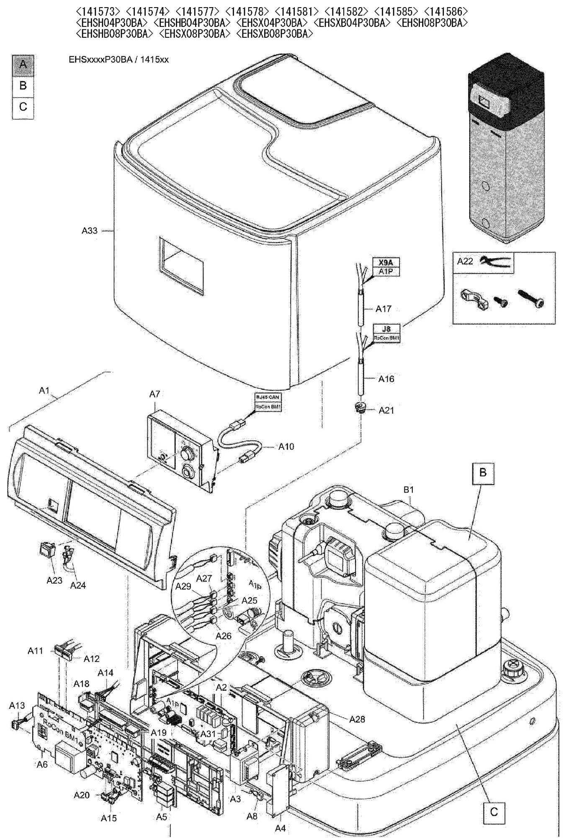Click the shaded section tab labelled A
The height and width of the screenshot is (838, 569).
tap(23, 65)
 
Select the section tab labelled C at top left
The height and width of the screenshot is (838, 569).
tap(23, 107)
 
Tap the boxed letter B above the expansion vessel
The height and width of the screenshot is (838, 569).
tap(483, 473)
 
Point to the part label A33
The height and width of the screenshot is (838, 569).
tap(90, 230)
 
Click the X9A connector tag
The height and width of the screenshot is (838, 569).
tap(386, 262)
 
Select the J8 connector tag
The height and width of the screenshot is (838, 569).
tap(386, 329)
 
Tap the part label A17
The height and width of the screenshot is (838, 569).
tap(383, 309)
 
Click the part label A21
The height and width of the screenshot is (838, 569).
tap(386, 410)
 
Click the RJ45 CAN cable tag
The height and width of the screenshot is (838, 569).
tap(268, 397)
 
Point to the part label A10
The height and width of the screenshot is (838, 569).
tap(286, 447)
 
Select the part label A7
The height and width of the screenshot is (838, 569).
tap(154, 394)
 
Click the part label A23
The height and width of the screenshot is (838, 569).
tap(54, 580)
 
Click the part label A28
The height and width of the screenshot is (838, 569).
tap(357, 719)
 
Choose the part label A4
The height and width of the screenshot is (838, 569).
tap(280, 828)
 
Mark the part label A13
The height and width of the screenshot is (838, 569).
tap(17, 706)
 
